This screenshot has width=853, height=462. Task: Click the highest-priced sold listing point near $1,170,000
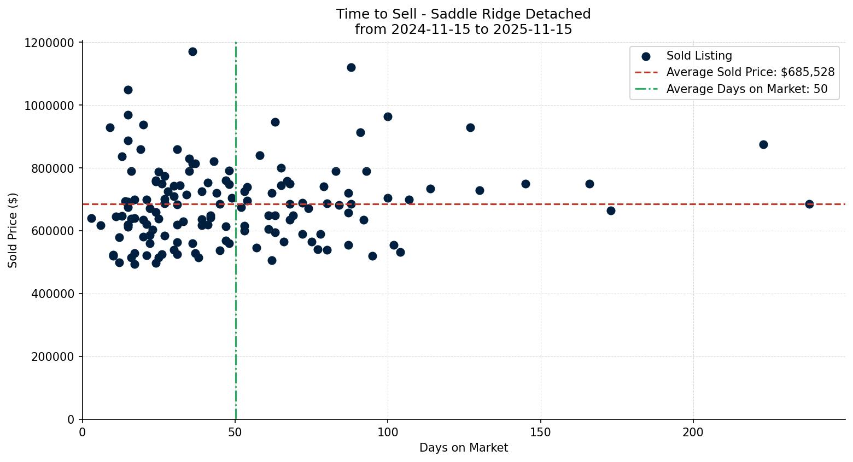coord(192,51)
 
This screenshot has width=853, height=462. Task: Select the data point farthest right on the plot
coord(809,204)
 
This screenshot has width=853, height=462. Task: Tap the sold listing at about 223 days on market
coord(763,144)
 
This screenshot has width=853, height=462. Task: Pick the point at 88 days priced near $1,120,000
coord(351,67)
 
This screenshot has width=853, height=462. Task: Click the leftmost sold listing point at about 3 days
coord(91,218)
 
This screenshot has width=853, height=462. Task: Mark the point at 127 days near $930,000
coord(470,127)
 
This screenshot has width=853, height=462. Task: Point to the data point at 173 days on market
coord(611,210)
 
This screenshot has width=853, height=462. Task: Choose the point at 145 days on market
coord(525,184)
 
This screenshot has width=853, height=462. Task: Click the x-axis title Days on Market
coord(464,448)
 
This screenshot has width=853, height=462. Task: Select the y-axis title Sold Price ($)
coord(13,230)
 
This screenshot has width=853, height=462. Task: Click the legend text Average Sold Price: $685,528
coord(750,72)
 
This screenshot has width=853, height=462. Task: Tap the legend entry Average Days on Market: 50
coord(746,89)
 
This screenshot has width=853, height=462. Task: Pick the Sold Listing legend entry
coord(699,56)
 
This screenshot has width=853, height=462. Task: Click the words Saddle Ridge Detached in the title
coord(511,14)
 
